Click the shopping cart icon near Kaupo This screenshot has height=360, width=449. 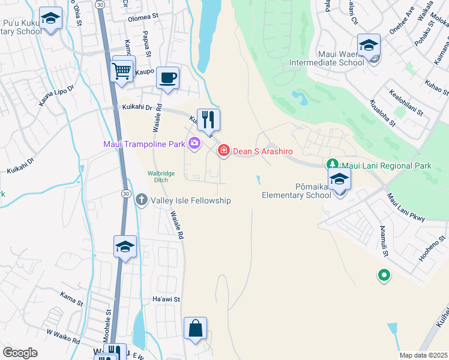(122, 70)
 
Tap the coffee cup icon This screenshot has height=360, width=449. (168, 77)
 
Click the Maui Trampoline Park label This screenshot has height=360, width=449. (144, 143)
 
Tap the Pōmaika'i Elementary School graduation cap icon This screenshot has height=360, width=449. (339, 178)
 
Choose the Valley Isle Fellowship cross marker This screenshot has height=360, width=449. (141, 199)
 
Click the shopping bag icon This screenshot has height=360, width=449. (195, 328)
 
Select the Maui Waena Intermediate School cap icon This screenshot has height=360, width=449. (369, 44)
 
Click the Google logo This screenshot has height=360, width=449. (20, 353)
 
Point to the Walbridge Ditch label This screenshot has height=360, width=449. (161, 177)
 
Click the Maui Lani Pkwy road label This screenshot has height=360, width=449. (406, 206)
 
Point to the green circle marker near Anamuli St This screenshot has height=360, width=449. (384, 275)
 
